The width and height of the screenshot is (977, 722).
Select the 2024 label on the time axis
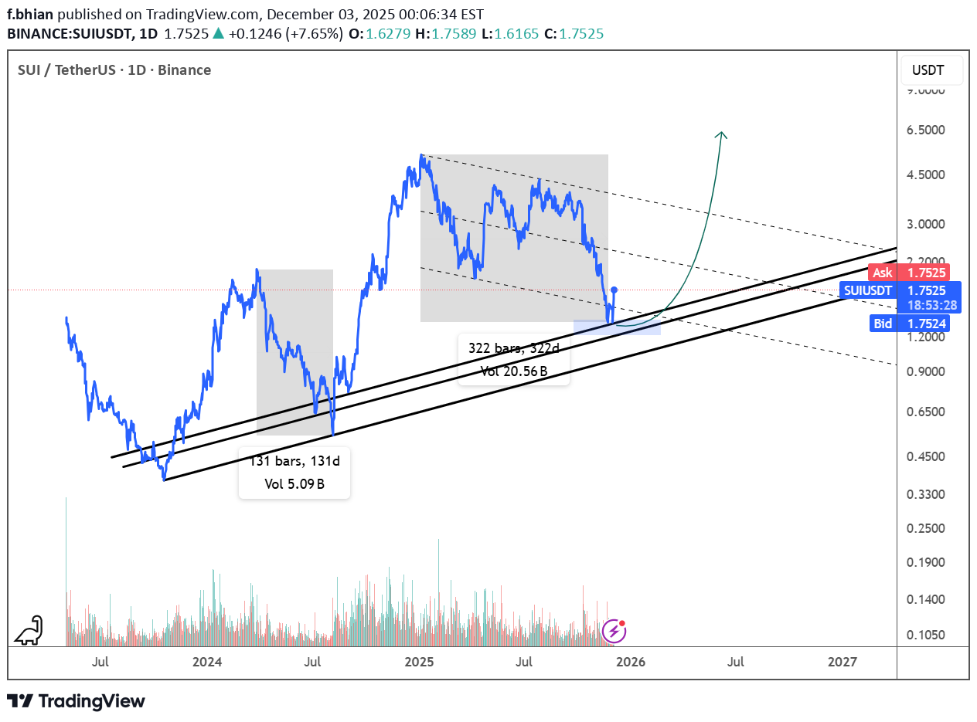207,662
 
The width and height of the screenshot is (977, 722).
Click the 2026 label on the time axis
631,662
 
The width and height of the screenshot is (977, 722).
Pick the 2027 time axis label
842,662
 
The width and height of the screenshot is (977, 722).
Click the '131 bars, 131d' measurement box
294,473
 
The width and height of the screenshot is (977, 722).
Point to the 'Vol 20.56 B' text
513,371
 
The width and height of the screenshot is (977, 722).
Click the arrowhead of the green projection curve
722,134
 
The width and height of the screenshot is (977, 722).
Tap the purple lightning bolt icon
614,632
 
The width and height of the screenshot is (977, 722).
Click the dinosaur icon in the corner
29,631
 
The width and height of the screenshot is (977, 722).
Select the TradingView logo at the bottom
76,701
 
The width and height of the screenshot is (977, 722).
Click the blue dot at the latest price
614,290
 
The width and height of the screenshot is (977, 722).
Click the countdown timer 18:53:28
931,306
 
